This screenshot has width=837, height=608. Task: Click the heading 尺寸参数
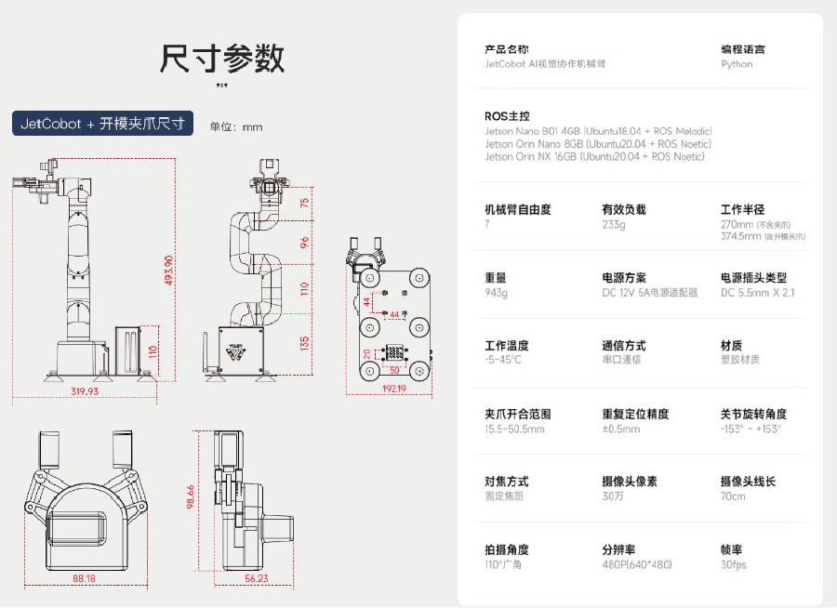222,59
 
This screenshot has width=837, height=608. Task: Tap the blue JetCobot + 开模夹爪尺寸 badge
102,124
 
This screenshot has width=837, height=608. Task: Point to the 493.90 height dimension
169,271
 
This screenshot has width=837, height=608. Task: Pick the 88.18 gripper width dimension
84,577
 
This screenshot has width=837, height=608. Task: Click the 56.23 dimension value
256,577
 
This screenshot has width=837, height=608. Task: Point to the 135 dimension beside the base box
304,344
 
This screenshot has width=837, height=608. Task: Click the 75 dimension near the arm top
304,202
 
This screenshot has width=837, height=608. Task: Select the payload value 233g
614,224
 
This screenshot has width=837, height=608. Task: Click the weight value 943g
497,293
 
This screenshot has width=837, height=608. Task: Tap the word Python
737,64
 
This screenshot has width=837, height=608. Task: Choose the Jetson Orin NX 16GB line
594,157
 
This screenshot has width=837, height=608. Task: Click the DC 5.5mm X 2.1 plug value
758,293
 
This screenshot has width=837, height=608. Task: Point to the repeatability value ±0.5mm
621,429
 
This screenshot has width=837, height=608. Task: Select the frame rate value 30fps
733,564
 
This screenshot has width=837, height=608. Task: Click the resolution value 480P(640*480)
637,564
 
